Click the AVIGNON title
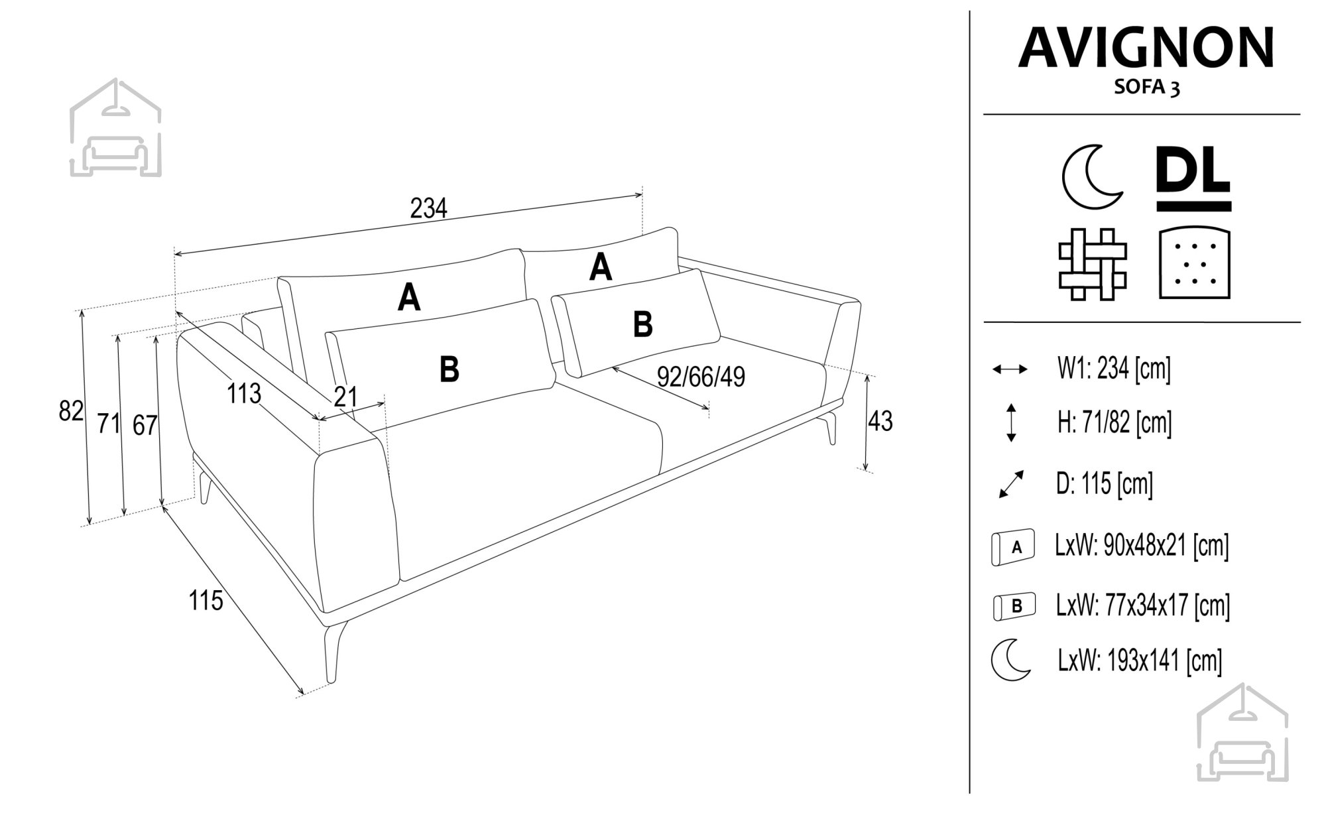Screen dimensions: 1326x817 click(x=1146, y=48)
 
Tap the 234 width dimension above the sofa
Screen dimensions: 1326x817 click(x=429, y=208)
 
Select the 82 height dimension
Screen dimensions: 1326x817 click(x=71, y=412)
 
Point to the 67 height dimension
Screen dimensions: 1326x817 click(x=145, y=425)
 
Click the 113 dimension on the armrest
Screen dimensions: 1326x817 click(x=244, y=394)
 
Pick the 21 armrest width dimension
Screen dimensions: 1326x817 click(x=346, y=397)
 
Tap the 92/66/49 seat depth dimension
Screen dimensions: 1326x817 click(x=701, y=377)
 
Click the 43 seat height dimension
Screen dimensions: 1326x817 click(x=880, y=421)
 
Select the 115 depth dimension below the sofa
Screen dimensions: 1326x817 click(x=206, y=601)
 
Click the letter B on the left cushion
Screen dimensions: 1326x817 click(x=450, y=369)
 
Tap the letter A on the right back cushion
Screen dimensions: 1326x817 click(x=601, y=268)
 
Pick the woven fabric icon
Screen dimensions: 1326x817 click(x=1093, y=264)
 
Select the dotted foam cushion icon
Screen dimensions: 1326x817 click(x=1195, y=264)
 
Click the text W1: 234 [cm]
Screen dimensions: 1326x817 click(x=1114, y=368)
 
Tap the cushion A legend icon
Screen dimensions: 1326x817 click(x=1012, y=548)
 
